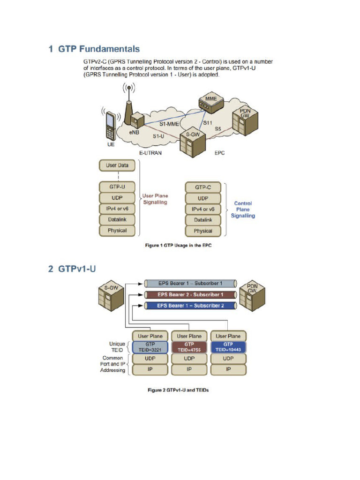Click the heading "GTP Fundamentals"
coord(94,49)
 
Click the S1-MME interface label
coord(169,124)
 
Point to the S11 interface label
coord(207,123)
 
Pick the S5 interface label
coord(218,128)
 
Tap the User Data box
coord(117,165)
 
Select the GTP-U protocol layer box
coord(117,187)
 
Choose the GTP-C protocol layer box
coord(203,187)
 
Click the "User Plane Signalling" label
coord(155,199)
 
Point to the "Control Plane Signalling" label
coord(243,210)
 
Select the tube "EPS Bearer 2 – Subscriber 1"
coord(189,294)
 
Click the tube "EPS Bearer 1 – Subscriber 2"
coord(189,306)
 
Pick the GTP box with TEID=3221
coord(150,346)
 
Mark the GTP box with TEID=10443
coord(228,346)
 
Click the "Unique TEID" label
coord(117,346)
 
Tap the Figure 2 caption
coord(178,390)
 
